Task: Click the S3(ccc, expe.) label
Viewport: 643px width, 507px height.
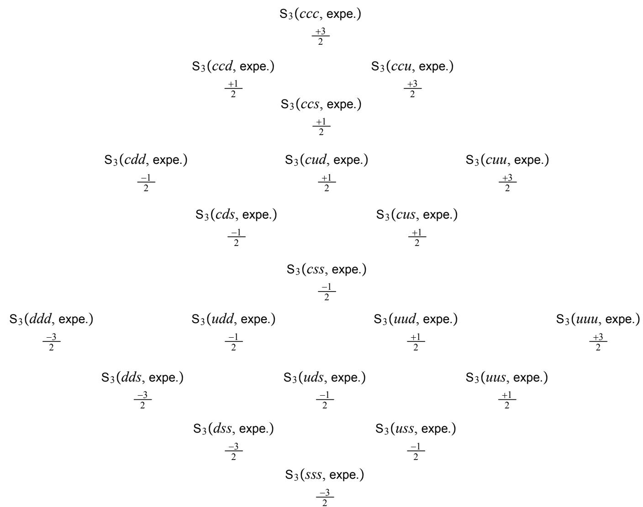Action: [x=321, y=15]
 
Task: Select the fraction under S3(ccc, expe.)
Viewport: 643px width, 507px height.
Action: [x=321, y=37]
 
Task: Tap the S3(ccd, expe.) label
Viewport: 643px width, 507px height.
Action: [x=233, y=67]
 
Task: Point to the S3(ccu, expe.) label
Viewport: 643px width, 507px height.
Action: [x=412, y=67]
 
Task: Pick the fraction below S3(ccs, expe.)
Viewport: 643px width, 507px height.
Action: [x=321, y=127]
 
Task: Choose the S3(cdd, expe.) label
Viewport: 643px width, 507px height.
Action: [x=146, y=160]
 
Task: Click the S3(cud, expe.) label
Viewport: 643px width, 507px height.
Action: [x=327, y=160]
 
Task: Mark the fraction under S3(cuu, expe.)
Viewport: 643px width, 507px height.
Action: [x=507, y=183]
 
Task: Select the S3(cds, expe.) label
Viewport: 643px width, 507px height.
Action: [x=236, y=214]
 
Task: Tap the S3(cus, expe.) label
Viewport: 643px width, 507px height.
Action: [x=417, y=214]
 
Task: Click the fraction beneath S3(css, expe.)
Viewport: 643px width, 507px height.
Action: [x=327, y=292]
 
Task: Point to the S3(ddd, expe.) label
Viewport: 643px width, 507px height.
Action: [x=51, y=319]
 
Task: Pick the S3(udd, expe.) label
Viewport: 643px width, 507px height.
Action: [x=233, y=319]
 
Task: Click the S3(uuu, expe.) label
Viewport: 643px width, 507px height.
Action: [x=598, y=319]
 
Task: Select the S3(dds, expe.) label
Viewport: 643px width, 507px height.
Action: [x=142, y=378]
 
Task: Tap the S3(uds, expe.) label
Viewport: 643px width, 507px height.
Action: [x=325, y=378]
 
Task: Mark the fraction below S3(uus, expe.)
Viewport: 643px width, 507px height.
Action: [x=506, y=400]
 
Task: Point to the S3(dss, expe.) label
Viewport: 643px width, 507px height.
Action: [x=233, y=429]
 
